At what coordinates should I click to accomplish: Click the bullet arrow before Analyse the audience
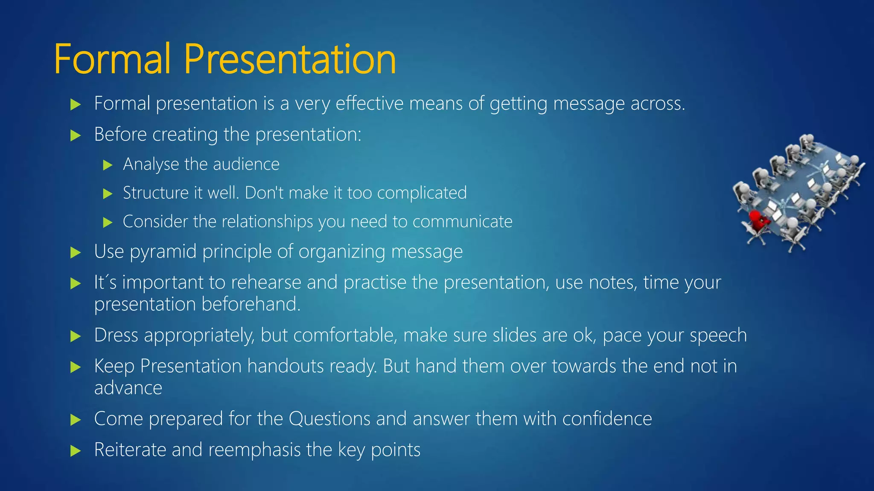pyautogui.click(x=108, y=165)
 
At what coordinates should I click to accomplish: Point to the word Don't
pyautogui.click(x=264, y=193)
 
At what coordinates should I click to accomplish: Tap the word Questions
pyautogui.click(x=329, y=419)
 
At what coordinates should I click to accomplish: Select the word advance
pyautogui.click(x=128, y=388)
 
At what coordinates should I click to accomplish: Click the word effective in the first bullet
pyautogui.click(x=370, y=104)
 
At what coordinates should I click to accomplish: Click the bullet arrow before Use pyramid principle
pyautogui.click(x=76, y=252)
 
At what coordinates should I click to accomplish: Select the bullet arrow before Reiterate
pyautogui.click(x=76, y=451)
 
